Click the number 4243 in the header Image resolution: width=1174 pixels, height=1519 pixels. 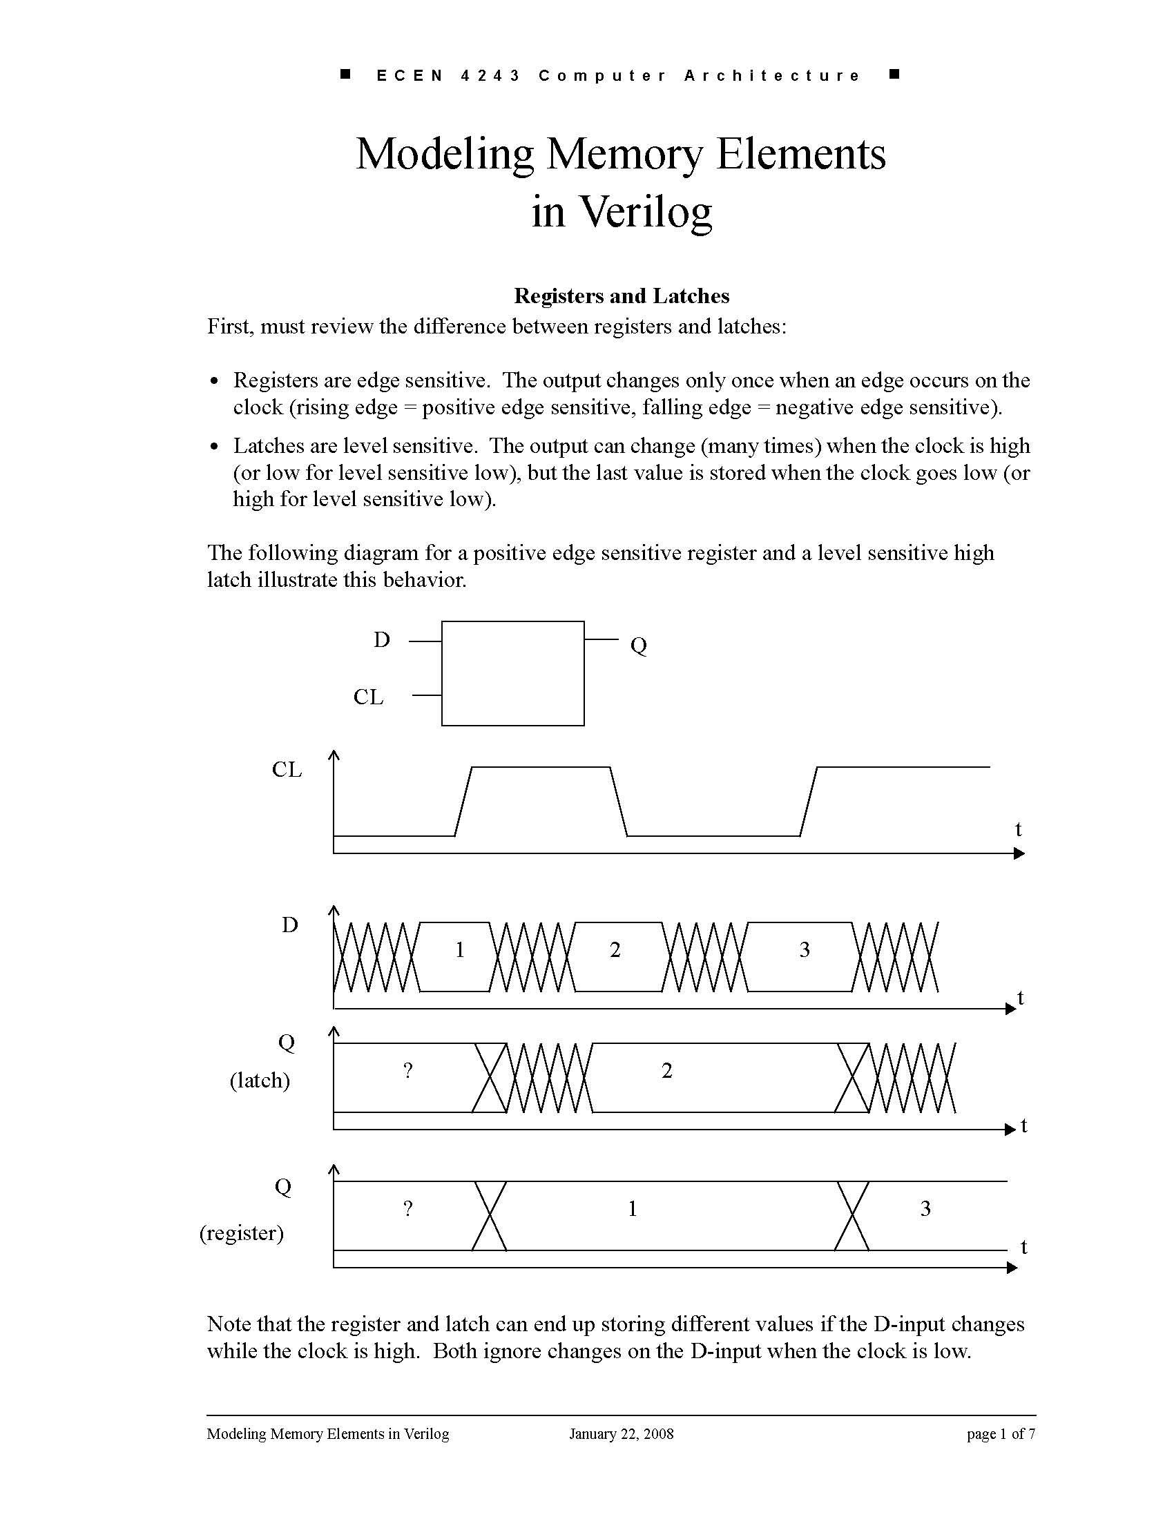[490, 75]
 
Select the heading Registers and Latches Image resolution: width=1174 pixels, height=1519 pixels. [621, 296]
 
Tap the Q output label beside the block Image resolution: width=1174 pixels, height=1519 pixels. [639, 646]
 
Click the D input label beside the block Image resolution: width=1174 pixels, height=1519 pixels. [382, 640]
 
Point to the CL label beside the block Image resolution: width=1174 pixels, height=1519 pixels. [368, 697]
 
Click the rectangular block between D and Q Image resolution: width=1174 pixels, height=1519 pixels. [512, 673]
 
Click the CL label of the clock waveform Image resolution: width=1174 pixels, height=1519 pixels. [287, 770]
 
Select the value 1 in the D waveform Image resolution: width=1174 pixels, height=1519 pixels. [460, 950]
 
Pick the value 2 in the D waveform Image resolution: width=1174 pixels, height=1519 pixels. [615, 950]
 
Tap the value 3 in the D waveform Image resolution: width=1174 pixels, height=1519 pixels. [805, 950]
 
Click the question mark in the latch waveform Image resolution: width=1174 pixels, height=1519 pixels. [408, 1070]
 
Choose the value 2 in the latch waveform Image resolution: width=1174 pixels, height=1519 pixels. [667, 1071]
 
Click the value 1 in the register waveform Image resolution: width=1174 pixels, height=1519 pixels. [632, 1209]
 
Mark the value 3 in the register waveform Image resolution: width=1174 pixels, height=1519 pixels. [925, 1209]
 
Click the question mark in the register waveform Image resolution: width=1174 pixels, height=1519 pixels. [408, 1209]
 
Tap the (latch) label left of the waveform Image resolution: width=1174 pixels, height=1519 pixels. [260, 1080]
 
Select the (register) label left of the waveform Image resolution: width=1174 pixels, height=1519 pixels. [241, 1232]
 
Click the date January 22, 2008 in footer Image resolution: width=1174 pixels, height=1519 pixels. [621, 1433]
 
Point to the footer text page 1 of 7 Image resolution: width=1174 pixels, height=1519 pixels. [1000, 1433]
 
